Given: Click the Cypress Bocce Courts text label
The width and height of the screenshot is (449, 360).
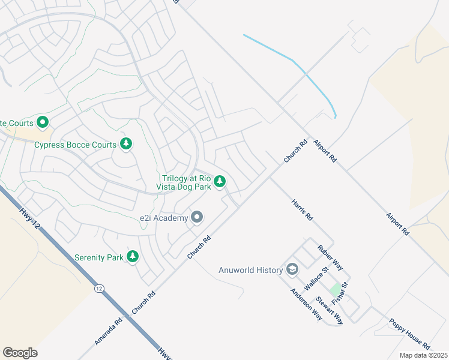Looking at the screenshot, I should (x=74, y=145).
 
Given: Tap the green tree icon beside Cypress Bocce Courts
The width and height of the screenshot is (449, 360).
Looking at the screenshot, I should (x=126, y=143).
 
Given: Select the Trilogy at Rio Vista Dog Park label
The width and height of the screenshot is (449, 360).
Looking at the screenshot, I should (x=186, y=182).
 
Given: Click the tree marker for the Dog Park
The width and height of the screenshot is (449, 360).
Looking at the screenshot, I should (x=220, y=181).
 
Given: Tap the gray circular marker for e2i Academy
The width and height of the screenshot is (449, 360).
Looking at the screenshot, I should (x=197, y=217).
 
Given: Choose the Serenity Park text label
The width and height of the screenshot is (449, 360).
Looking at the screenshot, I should (x=98, y=257).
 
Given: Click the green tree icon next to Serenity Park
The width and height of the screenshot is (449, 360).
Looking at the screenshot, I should (x=133, y=257).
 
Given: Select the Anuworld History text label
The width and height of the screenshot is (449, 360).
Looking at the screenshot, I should (x=250, y=270).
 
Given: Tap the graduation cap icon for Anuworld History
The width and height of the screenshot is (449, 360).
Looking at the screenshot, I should (x=292, y=269).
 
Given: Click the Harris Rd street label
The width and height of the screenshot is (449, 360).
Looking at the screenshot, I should (x=303, y=209).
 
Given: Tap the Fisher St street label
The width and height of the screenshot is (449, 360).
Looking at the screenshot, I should (x=344, y=292).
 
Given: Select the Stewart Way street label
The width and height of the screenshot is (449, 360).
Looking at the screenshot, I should (x=330, y=310).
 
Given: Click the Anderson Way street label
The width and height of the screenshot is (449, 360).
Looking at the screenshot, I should (x=306, y=304).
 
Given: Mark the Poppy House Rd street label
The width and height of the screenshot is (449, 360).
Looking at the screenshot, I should (x=409, y=334).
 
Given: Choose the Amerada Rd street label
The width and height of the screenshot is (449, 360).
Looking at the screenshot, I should (x=109, y=332).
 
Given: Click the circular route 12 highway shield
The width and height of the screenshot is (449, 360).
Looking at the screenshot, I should (x=98, y=289).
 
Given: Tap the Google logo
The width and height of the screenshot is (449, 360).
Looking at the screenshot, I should (x=20, y=353).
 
